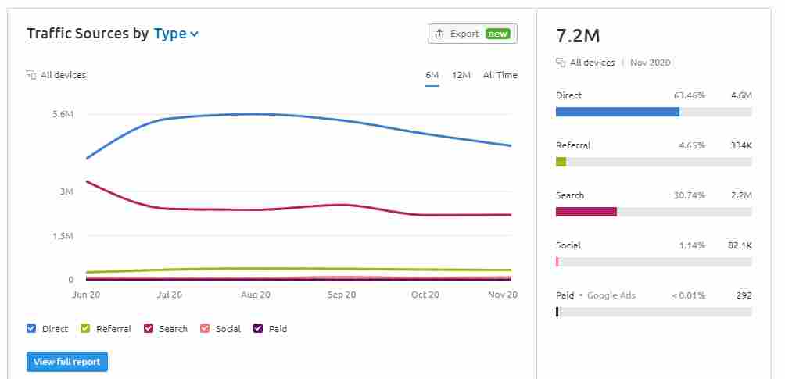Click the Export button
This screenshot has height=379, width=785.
tap(472, 34)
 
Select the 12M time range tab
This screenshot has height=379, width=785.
tap(461, 75)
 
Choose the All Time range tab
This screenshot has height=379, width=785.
tap(500, 75)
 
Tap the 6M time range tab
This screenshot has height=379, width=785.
tap(432, 75)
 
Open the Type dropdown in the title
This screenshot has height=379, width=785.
tap(176, 34)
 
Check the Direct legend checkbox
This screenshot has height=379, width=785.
tap(32, 329)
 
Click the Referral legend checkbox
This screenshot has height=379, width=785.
tap(86, 329)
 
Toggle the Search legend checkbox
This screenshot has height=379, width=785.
tap(149, 329)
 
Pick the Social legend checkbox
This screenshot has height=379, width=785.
tap(206, 329)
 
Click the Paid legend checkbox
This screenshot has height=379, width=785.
tap(258, 329)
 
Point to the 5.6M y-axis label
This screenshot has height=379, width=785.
tap(63, 115)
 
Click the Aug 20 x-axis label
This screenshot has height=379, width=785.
tap(256, 295)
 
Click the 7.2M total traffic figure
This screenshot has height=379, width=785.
tap(578, 36)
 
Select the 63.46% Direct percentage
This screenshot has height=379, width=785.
tap(689, 95)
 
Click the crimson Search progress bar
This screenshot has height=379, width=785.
tap(586, 212)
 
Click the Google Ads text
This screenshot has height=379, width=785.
tap(611, 295)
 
